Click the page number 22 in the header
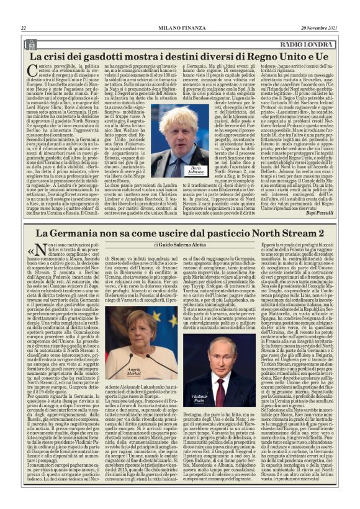[x=23, y=28]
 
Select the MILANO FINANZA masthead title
[x=179, y=28]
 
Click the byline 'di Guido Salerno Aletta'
[x=180, y=264]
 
